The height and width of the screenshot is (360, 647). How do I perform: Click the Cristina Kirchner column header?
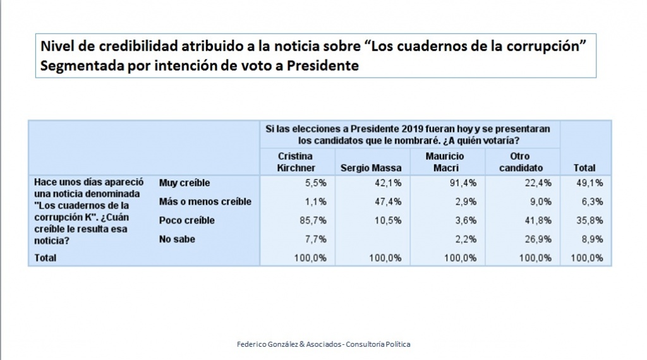pyautogui.click(x=296, y=162)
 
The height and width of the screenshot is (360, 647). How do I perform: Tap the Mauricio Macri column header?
pyautogui.click(x=444, y=162)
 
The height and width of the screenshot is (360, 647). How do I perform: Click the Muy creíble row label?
pyautogui.click(x=184, y=183)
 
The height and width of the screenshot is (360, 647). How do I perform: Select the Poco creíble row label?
pyautogui.click(x=187, y=220)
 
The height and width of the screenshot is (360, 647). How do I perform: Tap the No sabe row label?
pyautogui.click(x=178, y=239)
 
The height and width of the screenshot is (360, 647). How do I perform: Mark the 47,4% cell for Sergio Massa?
pyautogui.click(x=390, y=201)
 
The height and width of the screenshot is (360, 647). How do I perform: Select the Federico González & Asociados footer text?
pyautogui.click(x=323, y=344)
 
